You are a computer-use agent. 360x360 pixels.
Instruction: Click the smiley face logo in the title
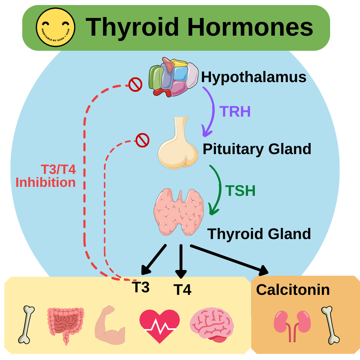55,27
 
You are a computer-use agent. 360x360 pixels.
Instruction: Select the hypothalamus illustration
173,76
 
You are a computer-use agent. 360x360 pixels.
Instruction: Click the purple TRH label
235,112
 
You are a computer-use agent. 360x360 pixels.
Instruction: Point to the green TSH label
240,191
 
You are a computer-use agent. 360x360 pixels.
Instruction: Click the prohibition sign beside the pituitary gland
142,140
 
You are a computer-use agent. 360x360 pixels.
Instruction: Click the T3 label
140,287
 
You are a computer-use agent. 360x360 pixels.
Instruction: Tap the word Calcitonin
293,289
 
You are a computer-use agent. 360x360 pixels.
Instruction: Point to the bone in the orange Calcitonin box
330,325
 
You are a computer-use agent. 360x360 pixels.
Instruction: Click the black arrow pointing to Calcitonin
230,258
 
